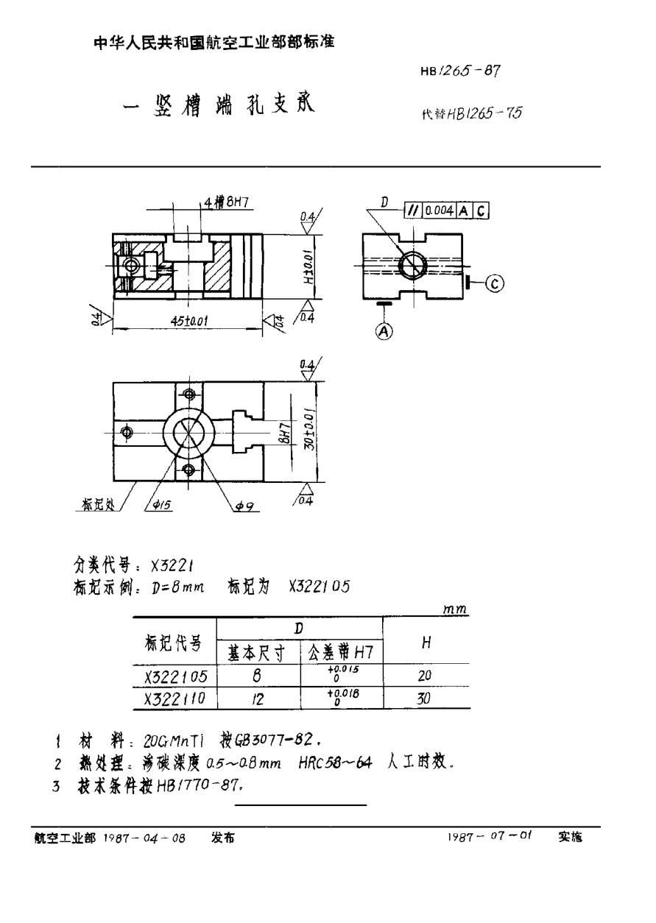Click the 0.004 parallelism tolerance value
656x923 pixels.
point(439,210)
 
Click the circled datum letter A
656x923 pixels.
point(382,331)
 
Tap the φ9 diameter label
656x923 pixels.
point(245,505)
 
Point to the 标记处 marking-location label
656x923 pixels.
point(96,506)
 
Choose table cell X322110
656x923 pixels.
point(176,701)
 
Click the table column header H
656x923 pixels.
point(426,643)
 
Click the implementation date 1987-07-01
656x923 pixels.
point(490,837)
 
